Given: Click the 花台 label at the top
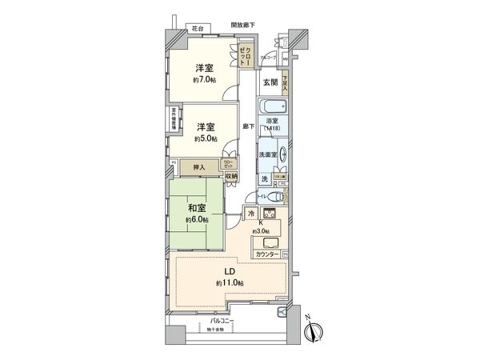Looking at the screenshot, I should point(197,30).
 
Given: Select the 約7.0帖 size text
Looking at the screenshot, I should point(205,80).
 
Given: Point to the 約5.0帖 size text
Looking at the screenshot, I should point(205,138).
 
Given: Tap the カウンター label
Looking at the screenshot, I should point(267,254).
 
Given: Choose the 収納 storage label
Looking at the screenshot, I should point(230,177).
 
